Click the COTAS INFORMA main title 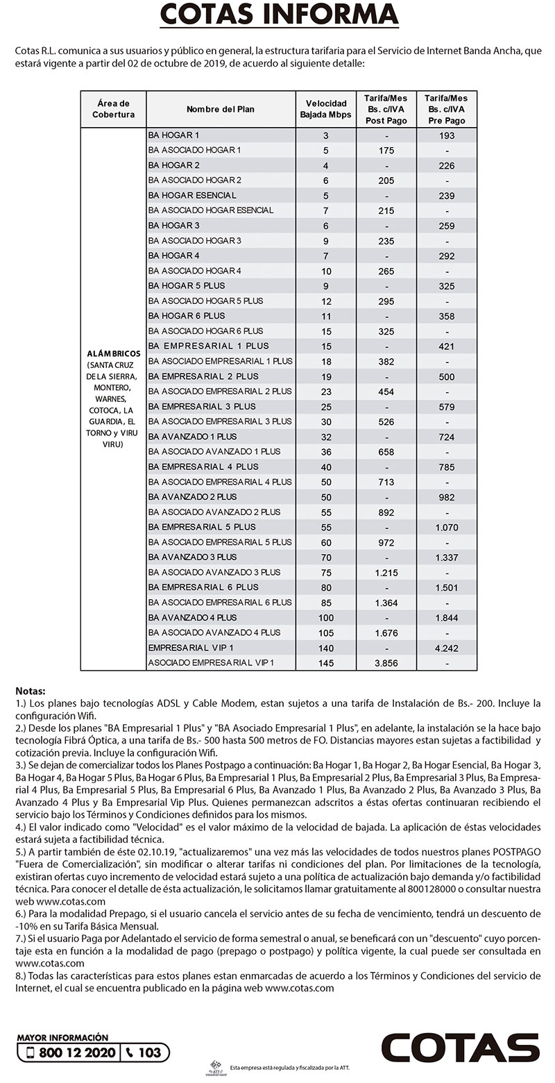[x=279, y=15]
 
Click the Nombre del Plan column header [x=221, y=109]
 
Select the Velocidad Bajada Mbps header [x=325, y=109]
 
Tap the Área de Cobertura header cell [x=113, y=109]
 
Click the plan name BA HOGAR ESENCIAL [x=192, y=195]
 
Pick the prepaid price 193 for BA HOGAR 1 [x=447, y=135]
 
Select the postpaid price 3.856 [x=386, y=663]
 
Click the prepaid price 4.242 [x=447, y=648]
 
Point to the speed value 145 [x=325, y=663]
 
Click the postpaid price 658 [x=386, y=452]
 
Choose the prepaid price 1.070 [x=447, y=528]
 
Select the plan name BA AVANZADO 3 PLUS [x=192, y=557]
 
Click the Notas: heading [x=30, y=691]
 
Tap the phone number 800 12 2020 [x=77, y=1052]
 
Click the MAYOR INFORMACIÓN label [x=62, y=1037]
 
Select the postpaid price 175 [x=386, y=151]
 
